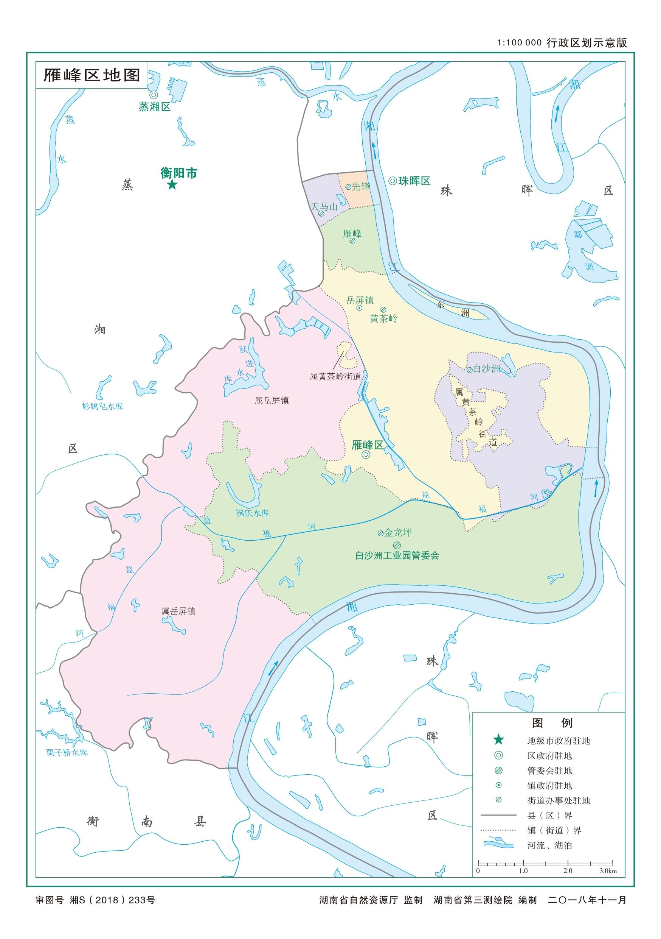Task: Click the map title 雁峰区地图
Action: tap(92, 75)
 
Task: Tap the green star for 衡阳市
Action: tap(172, 185)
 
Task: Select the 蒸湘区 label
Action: tap(154, 107)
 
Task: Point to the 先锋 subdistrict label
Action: tap(361, 187)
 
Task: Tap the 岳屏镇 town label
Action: tap(360, 300)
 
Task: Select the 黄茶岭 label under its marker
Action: tap(383, 318)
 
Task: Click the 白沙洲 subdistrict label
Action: tap(486, 369)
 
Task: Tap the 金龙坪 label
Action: tap(398, 532)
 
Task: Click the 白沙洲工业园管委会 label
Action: tap(397, 555)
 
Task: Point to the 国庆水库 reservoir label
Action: tap(253, 513)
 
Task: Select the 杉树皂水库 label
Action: tap(102, 407)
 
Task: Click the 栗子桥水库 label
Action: tap(67, 752)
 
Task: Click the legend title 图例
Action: tap(552, 723)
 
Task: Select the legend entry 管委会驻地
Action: tap(549, 771)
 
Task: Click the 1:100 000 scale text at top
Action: tap(519, 43)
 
